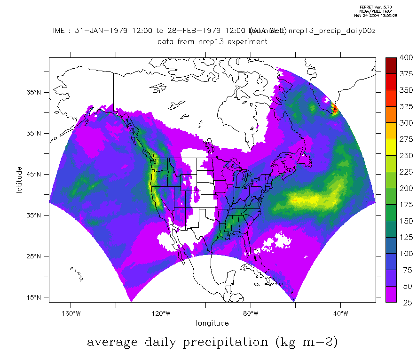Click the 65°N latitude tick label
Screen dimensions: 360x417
tap(35, 92)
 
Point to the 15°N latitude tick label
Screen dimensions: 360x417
tap(35, 297)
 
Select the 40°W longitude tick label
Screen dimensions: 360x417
tap(341, 313)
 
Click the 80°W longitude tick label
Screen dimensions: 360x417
tap(251, 313)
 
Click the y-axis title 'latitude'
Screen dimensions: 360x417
tap(19, 180)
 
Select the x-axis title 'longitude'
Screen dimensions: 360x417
tap(212, 323)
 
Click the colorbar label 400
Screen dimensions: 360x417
tap(406, 58)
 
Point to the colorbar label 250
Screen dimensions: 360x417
tap(406, 156)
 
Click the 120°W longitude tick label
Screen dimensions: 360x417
tap(161, 313)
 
